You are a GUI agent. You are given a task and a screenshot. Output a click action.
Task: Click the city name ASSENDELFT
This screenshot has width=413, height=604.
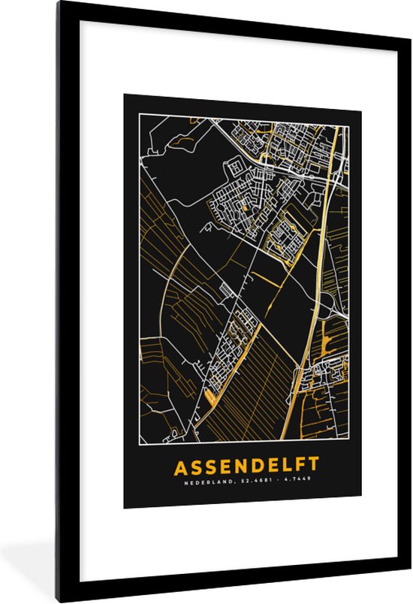pyautogui.click(x=246, y=467)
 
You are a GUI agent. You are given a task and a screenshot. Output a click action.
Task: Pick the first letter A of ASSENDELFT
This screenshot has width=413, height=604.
pyautogui.click(x=181, y=467)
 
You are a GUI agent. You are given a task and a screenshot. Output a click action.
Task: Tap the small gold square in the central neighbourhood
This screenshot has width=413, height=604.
pyautogui.click(x=243, y=202)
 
